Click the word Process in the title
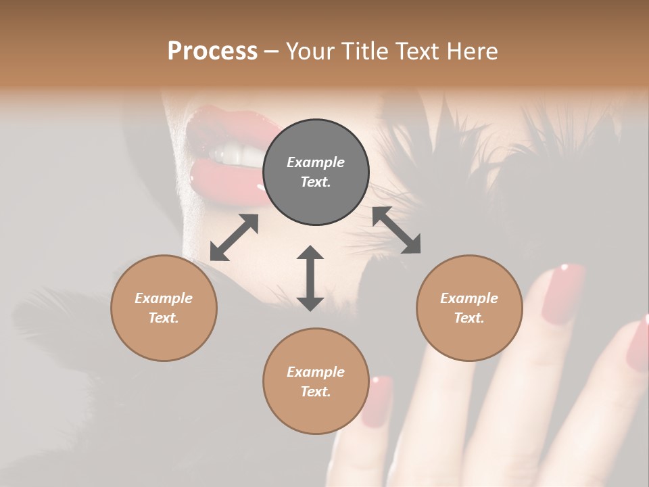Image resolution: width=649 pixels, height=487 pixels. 212,51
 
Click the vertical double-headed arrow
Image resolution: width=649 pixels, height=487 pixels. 310,278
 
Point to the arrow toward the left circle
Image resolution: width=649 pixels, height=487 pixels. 234,237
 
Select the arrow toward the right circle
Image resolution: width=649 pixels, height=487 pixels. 396,230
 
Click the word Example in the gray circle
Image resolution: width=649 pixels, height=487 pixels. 316,162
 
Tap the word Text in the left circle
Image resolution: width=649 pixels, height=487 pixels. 164,318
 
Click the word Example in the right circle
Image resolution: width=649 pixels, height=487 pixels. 469,298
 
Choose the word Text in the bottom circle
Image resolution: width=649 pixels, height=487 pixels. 316,392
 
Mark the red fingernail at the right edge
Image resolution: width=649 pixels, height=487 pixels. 638,345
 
